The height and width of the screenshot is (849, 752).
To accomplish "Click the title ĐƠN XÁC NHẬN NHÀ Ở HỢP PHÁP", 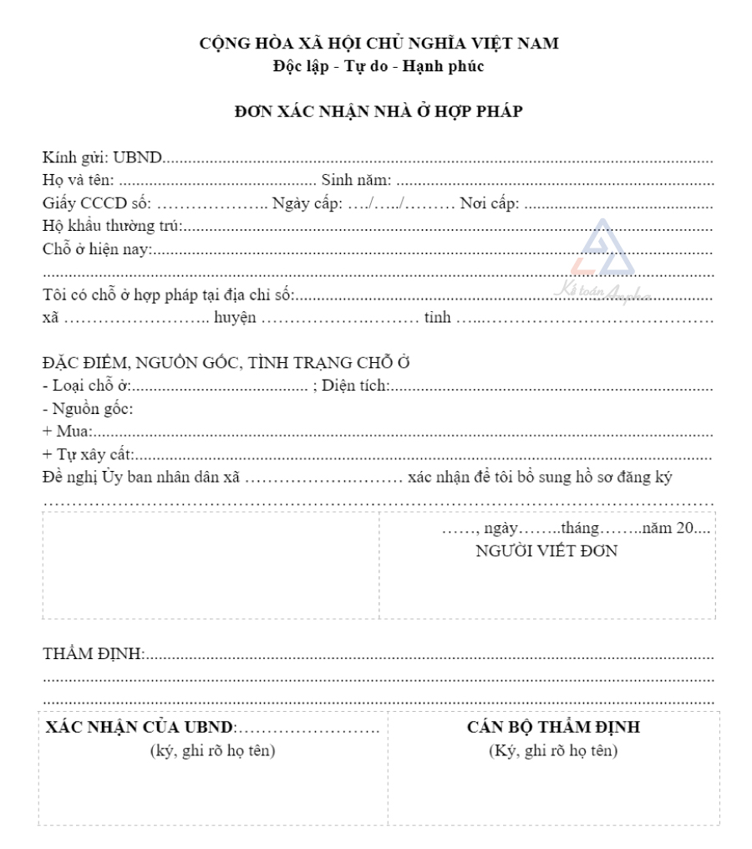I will click(x=379, y=109).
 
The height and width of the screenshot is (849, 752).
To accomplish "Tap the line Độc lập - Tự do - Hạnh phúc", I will click(x=379, y=66).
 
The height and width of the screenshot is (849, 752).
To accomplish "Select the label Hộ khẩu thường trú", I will click(x=113, y=225).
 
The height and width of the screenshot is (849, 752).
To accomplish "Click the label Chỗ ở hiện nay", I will click(x=97, y=248).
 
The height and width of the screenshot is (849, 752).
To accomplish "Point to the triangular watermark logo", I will click(x=602, y=251).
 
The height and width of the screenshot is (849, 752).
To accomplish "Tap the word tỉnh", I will click(x=437, y=318).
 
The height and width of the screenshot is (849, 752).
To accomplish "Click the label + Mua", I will click(x=67, y=432).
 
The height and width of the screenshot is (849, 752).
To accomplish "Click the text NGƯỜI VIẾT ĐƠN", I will click(x=546, y=551).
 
